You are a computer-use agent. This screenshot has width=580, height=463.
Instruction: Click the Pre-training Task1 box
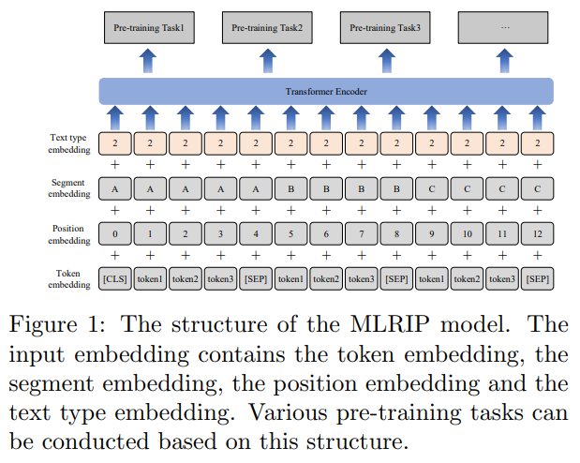148,28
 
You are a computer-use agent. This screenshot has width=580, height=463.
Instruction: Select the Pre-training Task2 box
266,28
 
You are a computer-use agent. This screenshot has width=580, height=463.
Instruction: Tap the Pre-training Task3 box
385,28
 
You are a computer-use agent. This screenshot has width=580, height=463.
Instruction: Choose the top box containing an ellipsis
504,28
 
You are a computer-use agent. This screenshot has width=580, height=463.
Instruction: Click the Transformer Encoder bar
326,92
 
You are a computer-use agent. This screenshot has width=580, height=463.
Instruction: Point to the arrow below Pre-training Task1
148,62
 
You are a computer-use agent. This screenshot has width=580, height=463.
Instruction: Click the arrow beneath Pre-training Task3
385,62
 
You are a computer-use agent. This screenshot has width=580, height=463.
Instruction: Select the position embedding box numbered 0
115,234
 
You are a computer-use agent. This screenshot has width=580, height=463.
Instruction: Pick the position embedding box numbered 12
537,234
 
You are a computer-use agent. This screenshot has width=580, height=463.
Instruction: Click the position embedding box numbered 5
291,234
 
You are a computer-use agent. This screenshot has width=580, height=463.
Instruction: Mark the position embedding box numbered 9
431,234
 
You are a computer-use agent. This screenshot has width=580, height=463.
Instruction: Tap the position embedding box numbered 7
362,234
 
